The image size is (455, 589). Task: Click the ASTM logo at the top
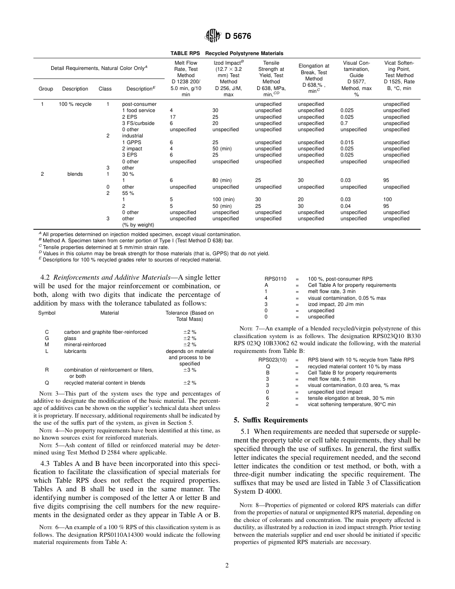[212, 35]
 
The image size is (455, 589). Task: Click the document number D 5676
[237, 36]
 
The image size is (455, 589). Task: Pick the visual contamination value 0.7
[344, 123]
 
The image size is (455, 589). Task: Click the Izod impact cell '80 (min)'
[223, 181]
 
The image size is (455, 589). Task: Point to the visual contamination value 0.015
[347, 142]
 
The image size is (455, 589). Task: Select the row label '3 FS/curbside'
[138, 123]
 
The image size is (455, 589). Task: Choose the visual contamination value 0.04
[345, 206]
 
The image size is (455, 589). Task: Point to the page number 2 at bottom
[227, 565]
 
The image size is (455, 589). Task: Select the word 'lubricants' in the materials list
[75, 351]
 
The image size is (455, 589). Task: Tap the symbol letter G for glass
[47, 338]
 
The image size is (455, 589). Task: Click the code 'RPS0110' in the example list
[275, 279]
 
